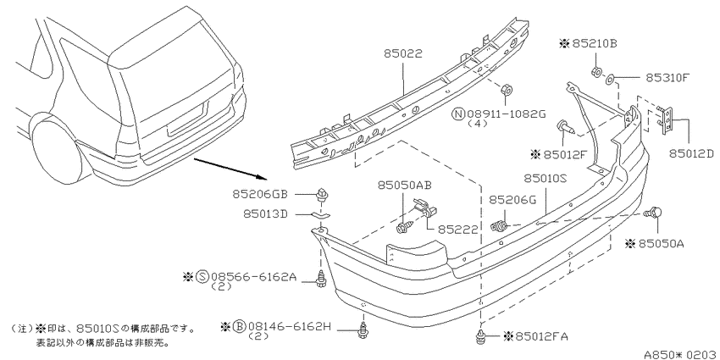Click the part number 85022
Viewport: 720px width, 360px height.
click(403, 54)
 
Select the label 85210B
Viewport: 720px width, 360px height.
click(594, 43)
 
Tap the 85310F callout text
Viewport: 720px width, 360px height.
click(667, 78)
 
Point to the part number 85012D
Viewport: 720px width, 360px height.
click(691, 154)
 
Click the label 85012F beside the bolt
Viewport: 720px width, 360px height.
click(565, 154)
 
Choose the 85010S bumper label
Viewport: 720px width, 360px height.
click(546, 178)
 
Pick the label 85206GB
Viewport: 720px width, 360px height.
click(259, 194)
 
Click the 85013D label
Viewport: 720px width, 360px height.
click(265, 214)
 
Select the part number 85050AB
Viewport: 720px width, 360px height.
click(405, 185)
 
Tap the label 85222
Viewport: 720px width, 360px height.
click(457, 229)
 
